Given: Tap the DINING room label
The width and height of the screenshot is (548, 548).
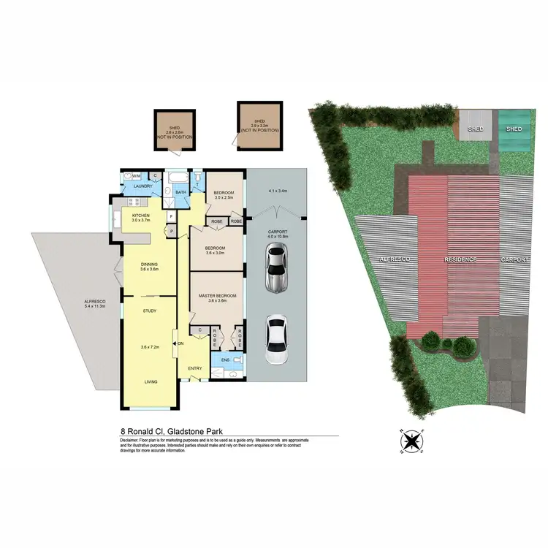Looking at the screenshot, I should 149,264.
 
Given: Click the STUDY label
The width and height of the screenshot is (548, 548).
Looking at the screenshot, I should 150,311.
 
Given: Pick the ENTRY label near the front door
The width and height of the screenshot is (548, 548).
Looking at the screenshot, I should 194,368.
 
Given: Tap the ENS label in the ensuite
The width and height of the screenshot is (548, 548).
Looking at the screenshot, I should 224,360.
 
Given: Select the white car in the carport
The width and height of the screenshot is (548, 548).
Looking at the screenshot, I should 275,340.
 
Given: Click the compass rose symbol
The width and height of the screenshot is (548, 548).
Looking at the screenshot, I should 413,440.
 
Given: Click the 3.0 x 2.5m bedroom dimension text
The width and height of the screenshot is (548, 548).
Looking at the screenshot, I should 223,197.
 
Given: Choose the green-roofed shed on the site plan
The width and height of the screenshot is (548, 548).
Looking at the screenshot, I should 514,129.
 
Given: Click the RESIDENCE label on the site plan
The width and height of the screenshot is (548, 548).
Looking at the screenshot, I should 461,259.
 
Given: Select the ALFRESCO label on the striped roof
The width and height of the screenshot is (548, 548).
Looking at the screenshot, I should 395,259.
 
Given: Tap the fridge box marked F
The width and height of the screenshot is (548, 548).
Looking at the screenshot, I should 170,217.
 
